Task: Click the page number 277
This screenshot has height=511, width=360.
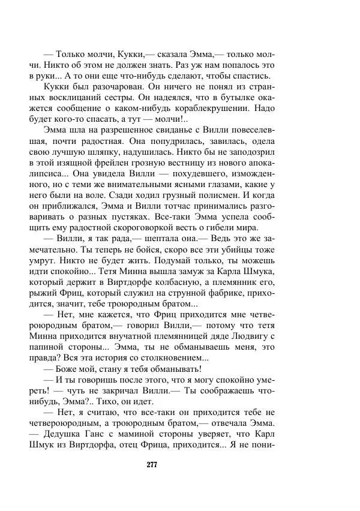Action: [180, 464]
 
